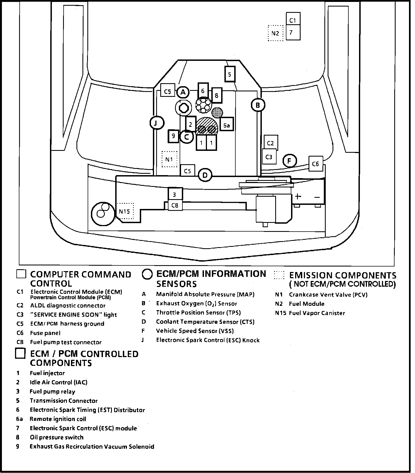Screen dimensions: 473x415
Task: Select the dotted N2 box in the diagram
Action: [275, 33]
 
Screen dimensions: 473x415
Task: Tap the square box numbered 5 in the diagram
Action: [230, 74]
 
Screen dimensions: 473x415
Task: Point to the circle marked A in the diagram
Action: [183, 92]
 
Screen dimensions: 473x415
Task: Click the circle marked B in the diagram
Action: [258, 105]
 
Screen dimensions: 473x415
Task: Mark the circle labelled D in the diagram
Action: [205, 175]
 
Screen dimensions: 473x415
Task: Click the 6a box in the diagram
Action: [226, 125]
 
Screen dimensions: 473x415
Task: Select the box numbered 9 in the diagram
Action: [173, 136]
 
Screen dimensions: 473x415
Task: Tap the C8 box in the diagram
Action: [175, 205]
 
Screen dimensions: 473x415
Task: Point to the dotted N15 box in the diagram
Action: [125, 211]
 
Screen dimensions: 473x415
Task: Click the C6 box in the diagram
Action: [315, 164]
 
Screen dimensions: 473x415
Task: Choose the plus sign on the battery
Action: [298, 196]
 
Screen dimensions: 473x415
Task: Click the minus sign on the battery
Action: [317, 197]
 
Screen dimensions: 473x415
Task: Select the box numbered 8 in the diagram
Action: [217, 95]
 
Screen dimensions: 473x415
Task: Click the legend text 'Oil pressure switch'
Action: [57, 437]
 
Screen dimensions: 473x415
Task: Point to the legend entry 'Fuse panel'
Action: [45, 333]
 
